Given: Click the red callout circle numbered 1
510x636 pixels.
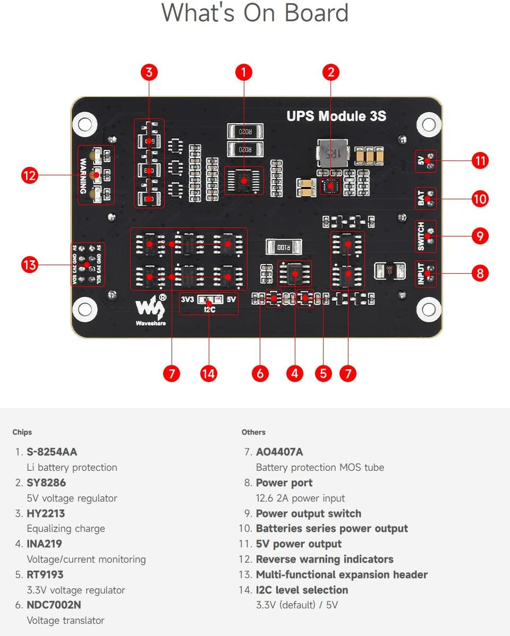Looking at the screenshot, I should coord(244,72).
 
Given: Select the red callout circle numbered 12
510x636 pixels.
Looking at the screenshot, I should coord(30,174).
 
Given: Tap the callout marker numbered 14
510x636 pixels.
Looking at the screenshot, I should coord(209,374).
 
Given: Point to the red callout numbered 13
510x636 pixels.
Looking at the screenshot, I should coord(30,264).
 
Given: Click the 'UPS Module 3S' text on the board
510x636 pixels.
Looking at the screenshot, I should coord(336,116).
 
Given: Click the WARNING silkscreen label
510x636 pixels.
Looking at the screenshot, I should coord(83,174).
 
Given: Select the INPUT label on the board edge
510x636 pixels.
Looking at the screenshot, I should coord(421,274).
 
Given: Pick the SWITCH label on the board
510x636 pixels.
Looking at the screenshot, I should coord(421,236).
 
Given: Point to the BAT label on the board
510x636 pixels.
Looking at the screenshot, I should coord(421,199).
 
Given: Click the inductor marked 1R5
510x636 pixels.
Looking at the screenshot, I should coord(329,154).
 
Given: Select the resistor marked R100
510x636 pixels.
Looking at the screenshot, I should coord(284,247).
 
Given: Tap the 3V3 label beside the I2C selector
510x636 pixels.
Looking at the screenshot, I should coord(188,299).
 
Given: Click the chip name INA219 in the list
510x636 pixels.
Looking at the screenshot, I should coord(44,544).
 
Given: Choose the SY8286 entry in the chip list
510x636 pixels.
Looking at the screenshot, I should coord(46,482).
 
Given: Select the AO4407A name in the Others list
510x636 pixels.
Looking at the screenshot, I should coord(279,452).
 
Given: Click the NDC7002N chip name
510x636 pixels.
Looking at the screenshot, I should coord(54,605).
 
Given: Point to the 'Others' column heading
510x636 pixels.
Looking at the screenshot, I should coord(253,432).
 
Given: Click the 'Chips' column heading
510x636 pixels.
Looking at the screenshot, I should coord(22,432).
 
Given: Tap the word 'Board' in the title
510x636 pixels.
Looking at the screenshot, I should coord(317,13).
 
